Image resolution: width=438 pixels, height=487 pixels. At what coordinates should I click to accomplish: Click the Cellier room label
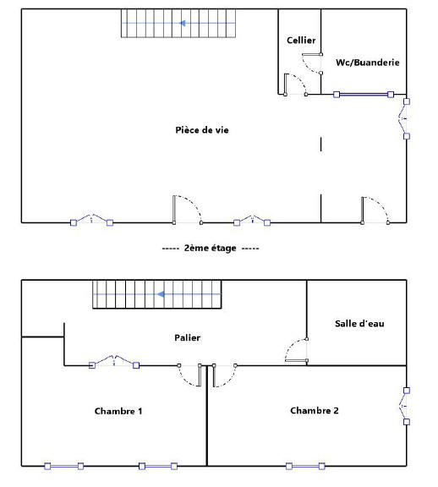[x=301, y=41]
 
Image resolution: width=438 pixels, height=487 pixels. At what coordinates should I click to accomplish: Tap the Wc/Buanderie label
[x=367, y=63]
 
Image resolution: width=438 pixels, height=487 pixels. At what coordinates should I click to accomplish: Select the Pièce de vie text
[x=202, y=130]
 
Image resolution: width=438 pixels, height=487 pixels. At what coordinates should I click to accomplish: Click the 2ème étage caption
[x=211, y=249]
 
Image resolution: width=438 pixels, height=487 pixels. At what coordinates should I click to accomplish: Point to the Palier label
[x=188, y=338]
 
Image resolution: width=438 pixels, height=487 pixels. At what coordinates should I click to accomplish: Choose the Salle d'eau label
[x=359, y=323]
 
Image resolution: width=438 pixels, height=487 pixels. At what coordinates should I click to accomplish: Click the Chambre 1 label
[x=118, y=411]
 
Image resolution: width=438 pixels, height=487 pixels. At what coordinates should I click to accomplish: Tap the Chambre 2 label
[x=315, y=411]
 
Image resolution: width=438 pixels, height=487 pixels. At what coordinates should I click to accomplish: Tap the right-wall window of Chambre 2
[x=406, y=406]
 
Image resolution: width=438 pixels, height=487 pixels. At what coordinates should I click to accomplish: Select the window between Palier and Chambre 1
[x=113, y=364]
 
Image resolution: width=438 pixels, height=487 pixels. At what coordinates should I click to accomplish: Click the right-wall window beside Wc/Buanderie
[x=406, y=120]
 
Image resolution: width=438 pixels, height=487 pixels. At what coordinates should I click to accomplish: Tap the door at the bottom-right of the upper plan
[x=375, y=211]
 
